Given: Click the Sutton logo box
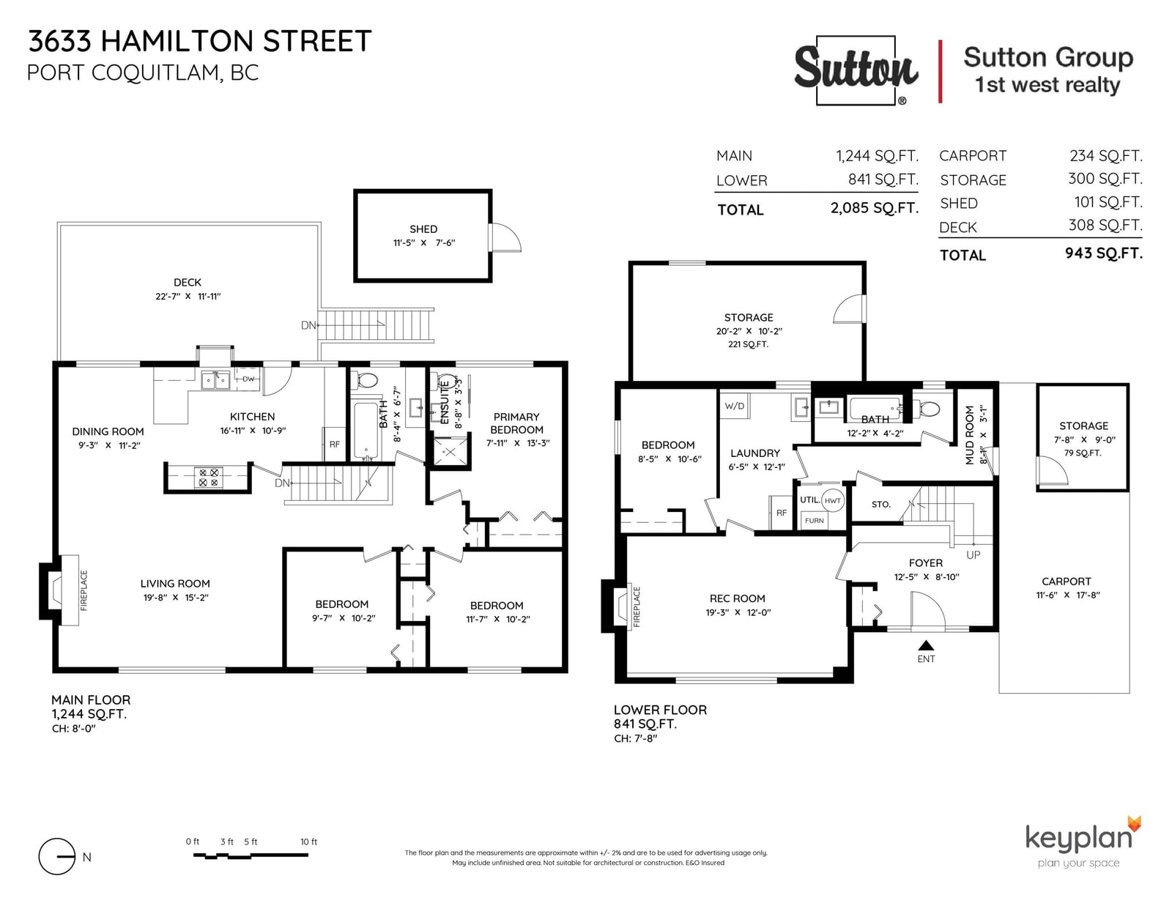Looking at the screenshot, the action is coord(856,70).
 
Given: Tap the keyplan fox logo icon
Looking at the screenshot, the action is coord(1134,824).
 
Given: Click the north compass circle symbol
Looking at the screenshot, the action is coord(56,856).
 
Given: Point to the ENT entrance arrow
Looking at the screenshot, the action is coord(926,645).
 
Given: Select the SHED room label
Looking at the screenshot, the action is coord(423,229).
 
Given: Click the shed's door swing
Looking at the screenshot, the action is coord(507,237).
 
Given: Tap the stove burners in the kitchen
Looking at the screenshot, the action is coord(208,478).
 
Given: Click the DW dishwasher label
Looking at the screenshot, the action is coord(248,379).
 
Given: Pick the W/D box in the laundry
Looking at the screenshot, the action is coord(735,406).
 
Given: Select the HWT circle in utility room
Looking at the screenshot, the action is coord(832,500).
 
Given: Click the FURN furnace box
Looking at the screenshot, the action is coord(815,521).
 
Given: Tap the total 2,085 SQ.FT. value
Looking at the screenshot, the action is coord(875,208).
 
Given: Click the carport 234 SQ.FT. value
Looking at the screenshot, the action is coord(1105,156).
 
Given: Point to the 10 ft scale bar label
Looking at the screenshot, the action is coord(308,842).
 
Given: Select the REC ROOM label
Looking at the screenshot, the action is coord(738,598).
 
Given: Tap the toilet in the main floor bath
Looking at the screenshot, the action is coord(365,381).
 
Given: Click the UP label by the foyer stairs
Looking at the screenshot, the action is coord(973,555).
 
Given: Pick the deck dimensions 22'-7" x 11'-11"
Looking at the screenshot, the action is coord(188,297).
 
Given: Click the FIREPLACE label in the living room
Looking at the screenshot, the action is coord(84,590).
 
